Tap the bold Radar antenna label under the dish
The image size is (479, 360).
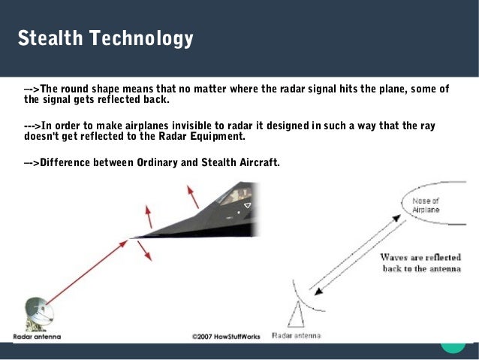coord(37,337)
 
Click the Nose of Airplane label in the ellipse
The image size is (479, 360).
coord(426,205)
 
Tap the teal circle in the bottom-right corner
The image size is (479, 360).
coord(453,343)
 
